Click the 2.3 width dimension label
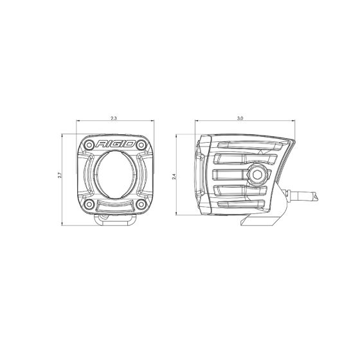(x=114, y=119)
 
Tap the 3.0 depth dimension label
(x=240, y=119)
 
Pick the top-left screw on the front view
(x=91, y=143)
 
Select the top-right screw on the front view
(x=141, y=143)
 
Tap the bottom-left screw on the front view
(x=90, y=206)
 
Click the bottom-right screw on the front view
(x=141, y=206)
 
